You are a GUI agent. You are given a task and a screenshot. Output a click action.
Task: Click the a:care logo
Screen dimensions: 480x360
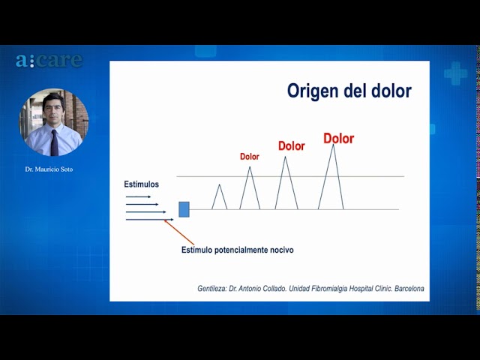(49, 60)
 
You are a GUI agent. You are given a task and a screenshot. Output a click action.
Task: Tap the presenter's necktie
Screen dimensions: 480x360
(55, 142)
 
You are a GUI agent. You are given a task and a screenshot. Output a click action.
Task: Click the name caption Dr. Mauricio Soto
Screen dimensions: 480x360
(49, 169)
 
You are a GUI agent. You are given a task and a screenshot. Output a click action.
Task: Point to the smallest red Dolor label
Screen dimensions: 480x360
(250, 157)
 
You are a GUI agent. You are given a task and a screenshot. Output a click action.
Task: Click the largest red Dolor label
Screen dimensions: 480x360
(338, 139)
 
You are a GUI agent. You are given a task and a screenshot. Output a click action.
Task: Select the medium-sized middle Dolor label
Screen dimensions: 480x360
(292, 146)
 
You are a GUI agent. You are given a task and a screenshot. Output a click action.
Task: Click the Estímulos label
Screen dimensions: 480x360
(142, 184)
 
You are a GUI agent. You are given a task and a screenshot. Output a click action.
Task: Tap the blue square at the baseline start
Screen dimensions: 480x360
(184, 209)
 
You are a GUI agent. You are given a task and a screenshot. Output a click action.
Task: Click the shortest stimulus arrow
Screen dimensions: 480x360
(138, 196)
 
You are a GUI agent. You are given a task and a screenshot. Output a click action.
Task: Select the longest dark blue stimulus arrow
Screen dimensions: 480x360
(150, 220)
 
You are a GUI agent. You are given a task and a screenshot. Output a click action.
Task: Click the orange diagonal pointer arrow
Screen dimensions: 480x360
(179, 232)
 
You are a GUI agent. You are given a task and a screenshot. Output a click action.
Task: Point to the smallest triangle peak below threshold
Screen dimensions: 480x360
(220, 185)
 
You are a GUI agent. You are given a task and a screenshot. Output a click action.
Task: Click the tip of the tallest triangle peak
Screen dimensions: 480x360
(333, 144)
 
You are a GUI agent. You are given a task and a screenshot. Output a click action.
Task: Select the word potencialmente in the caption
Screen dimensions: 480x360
(241, 250)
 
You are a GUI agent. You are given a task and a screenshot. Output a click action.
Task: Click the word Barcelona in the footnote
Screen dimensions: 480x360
(409, 288)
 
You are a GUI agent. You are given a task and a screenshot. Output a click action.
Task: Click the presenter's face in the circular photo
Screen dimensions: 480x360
(53, 107)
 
